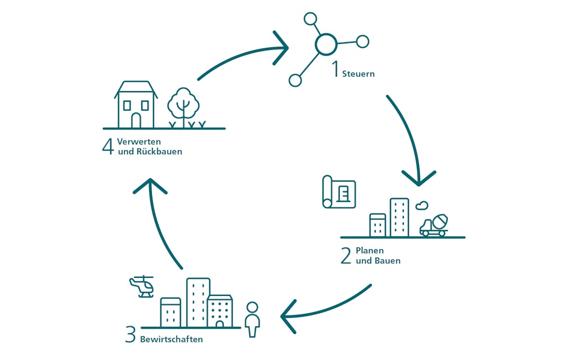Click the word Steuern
tap(358, 74)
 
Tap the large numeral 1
tap(335, 70)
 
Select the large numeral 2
tap(346, 256)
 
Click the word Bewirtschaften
tap(172, 340)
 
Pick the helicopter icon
tap(142, 287)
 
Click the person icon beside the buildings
tap(253, 319)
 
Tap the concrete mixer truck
tap(435, 224)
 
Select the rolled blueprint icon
tap(339, 192)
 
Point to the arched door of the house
tap(136, 120)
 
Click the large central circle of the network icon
tap(326, 44)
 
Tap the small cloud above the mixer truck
tap(422, 206)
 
